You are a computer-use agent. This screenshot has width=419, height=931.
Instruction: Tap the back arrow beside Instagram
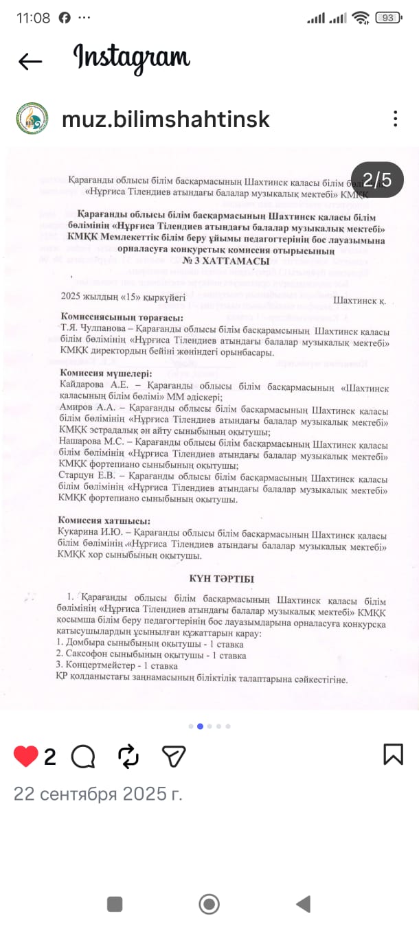(x=30, y=61)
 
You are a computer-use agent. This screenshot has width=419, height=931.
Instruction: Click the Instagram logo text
(x=131, y=58)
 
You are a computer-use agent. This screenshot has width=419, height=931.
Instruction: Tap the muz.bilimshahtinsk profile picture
(x=32, y=119)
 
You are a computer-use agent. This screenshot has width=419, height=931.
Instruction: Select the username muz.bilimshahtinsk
(x=166, y=119)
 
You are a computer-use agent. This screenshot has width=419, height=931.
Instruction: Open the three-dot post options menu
(x=395, y=119)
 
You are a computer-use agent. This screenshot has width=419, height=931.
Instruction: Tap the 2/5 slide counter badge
(x=377, y=180)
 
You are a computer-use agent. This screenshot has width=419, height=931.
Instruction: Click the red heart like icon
(x=26, y=756)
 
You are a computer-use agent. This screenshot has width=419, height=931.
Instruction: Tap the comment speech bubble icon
(x=83, y=756)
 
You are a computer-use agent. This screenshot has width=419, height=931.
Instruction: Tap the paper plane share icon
(x=174, y=756)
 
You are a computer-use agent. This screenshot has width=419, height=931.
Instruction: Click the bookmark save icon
(x=393, y=754)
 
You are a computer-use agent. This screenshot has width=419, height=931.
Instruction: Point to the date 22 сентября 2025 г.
(x=98, y=794)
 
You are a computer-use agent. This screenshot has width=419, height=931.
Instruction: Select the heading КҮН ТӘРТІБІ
(x=221, y=579)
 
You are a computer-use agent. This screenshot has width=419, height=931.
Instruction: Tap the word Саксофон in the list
(x=87, y=655)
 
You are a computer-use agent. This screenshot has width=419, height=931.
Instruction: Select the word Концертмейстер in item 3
(x=99, y=666)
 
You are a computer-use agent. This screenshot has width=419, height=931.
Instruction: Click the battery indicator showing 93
(x=388, y=18)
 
